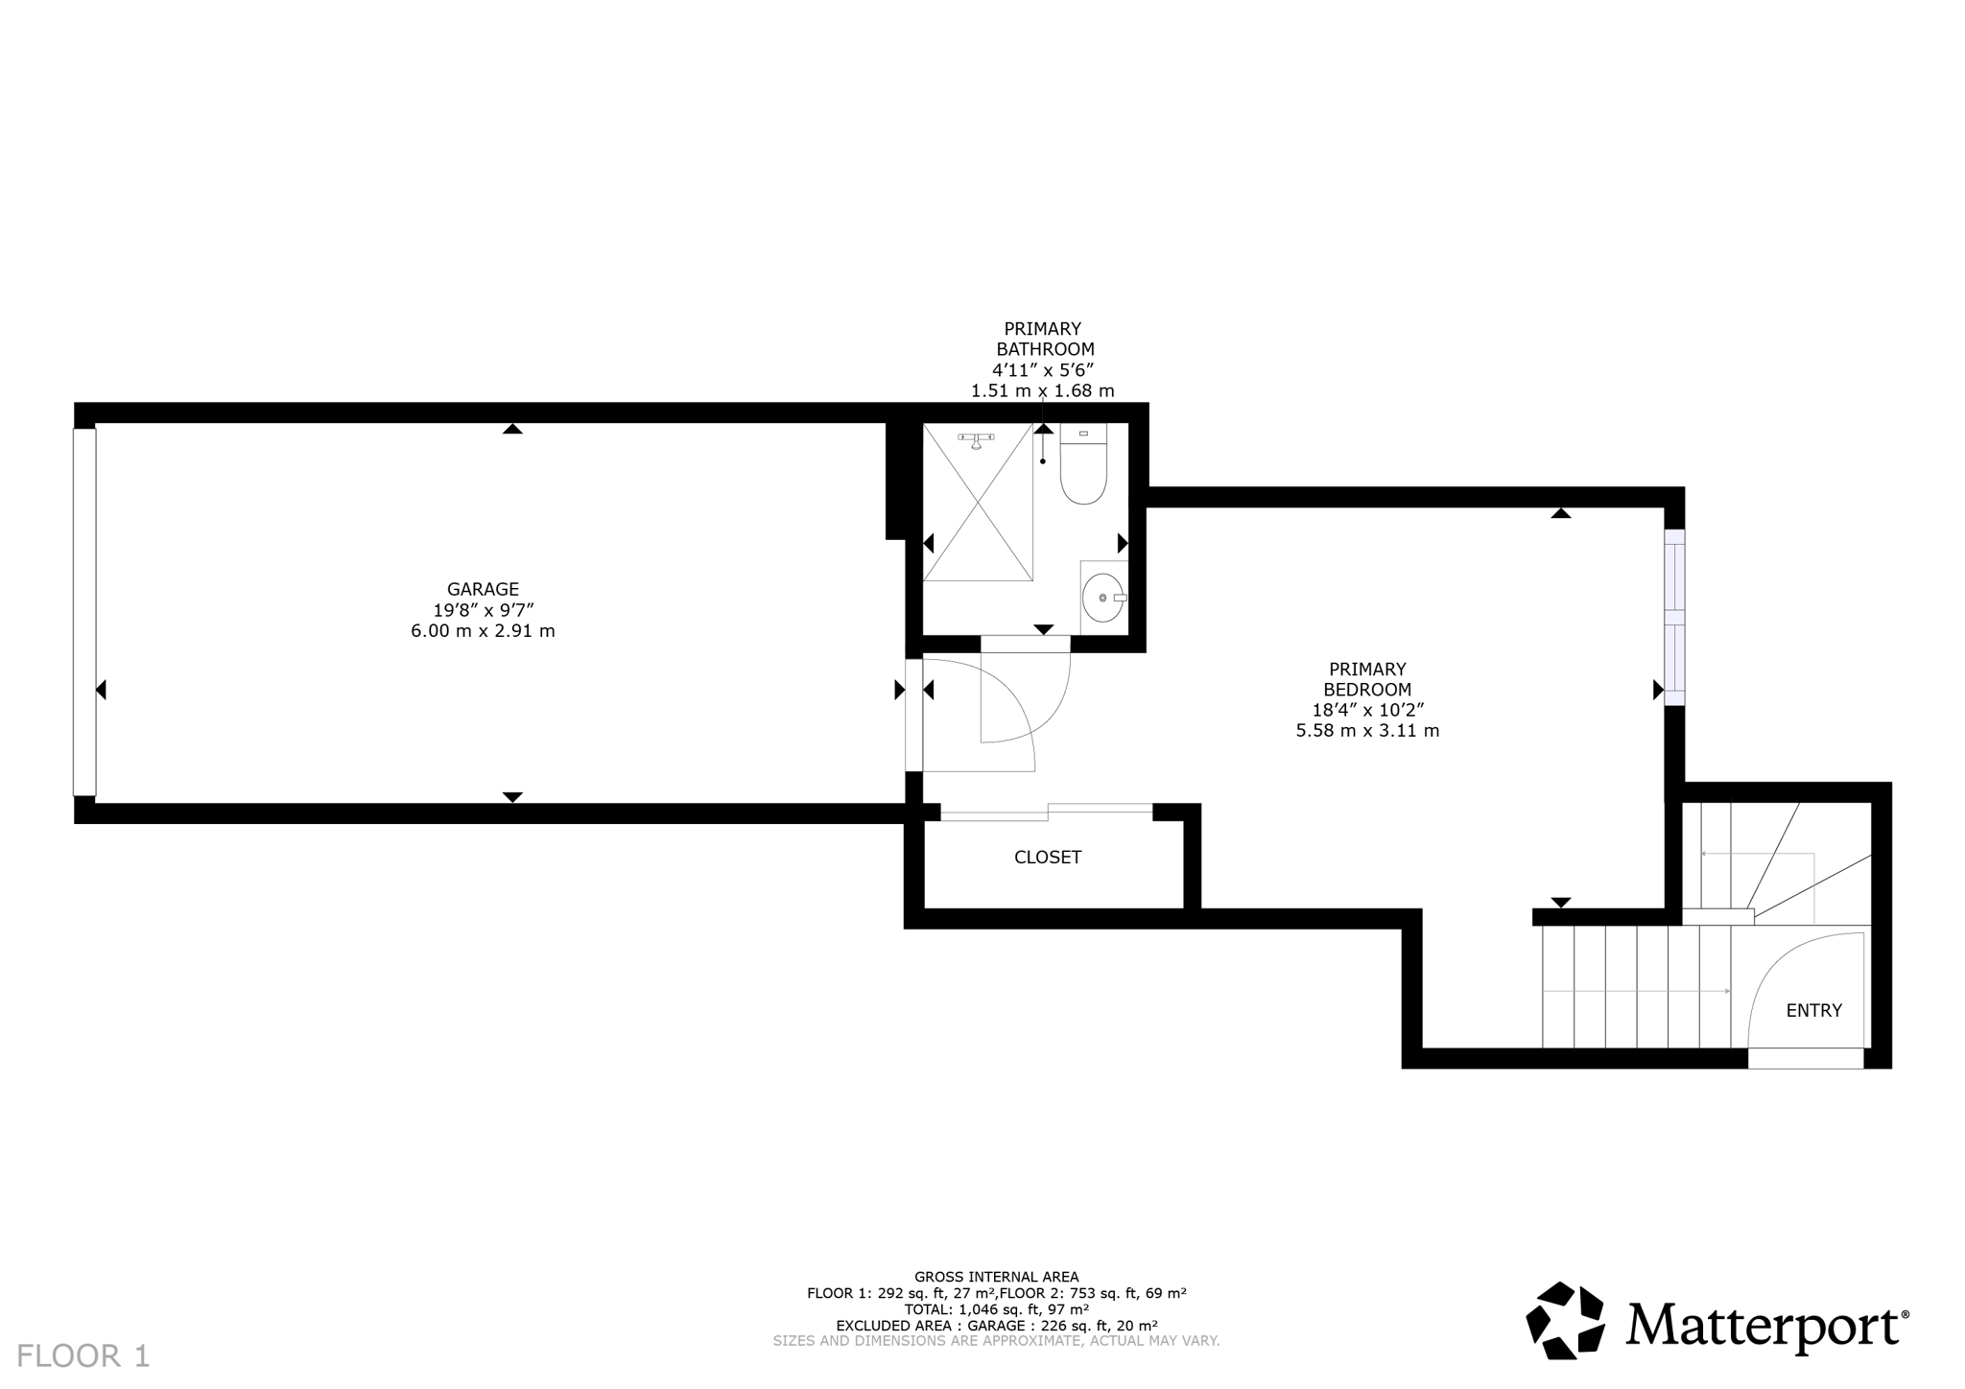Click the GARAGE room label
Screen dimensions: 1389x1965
[x=483, y=589]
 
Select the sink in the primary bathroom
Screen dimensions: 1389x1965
[x=1102, y=598]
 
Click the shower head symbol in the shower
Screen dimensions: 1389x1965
[x=977, y=440]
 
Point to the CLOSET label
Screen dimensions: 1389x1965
[x=1047, y=857]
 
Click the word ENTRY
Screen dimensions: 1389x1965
[x=1813, y=1010]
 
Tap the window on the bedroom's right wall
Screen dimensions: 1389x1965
[x=1673, y=617]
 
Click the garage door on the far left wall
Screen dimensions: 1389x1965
[x=84, y=612]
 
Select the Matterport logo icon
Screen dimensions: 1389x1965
[x=1565, y=1321]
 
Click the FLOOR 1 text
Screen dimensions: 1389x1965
[x=83, y=1355]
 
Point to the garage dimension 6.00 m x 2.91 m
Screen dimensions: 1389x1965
[x=483, y=631]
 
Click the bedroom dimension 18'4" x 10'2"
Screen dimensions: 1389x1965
[x=1367, y=710]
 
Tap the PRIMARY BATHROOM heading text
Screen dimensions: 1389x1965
[x=1044, y=340]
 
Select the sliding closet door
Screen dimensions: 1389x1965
[x=1046, y=812]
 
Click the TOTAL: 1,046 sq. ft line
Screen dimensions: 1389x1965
[x=996, y=1308]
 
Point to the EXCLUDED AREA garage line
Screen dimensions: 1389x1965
[x=996, y=1325]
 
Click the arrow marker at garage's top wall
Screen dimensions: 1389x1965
[x=512, y=429]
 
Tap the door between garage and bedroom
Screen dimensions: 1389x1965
[x=914, y=714]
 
